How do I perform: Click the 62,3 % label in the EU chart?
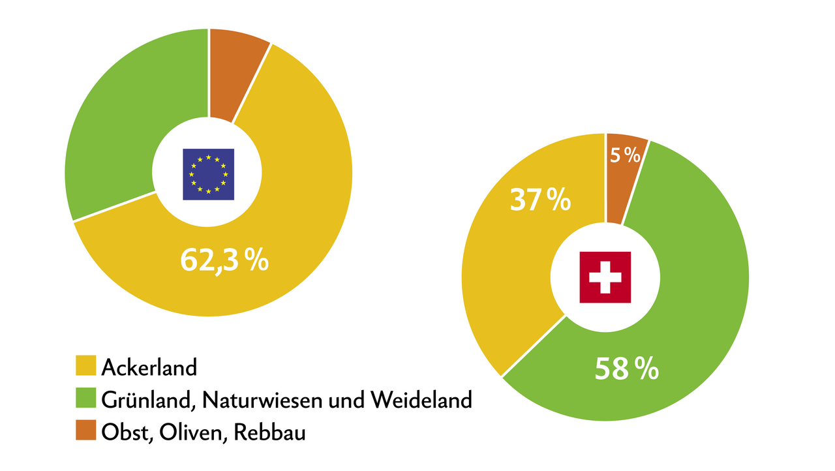[224, 260]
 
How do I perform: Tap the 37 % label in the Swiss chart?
[539, 200]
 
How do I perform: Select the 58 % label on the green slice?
[626, 369]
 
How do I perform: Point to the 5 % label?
[625, 155]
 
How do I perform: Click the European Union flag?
[208, 174]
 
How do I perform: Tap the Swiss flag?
[605, 277]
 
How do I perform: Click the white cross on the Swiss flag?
[605, 277]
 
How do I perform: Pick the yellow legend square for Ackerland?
[85, 366]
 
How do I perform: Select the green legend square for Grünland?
[85, 399]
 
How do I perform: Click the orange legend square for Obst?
[85, 431]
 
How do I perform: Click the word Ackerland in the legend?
[149, 367]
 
